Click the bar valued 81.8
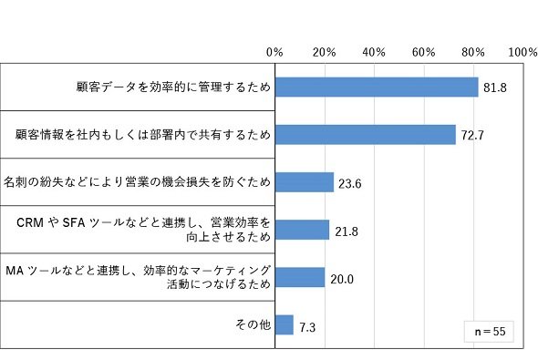click(x=377, y=87)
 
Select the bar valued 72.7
click(x=366, y=135)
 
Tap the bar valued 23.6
click(x=305, y=182)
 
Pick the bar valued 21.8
click(x=302, y=230)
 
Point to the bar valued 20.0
click(x=300, y=277)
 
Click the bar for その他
click(x=285, y=324)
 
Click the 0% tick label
click(x=274, y=52)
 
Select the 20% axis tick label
click(x=325, y=52)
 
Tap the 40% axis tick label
click(x=374, y=52)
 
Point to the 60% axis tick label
click(x=424, y=52)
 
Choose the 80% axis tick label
click(x=473, y=52)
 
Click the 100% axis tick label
click(x=522, y=52)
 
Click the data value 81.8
click(x=495, y=87)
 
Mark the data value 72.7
click(x=472, y=136)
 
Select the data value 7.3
click(x=307, y=327)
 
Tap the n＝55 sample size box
click(x=489, y=332)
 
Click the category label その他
click(x=253, y=324)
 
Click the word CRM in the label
click(x=30, y=223)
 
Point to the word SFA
click(x=74, y=223)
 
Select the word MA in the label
click(x=15, y=271)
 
